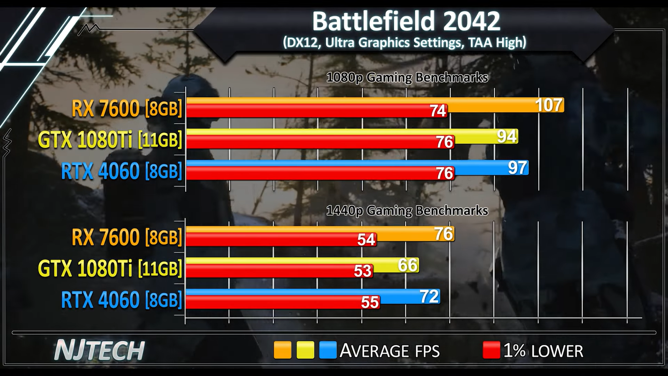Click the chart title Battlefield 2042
click(406, 21)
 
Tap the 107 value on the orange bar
click(549, 105)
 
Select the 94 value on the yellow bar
click(507, 136)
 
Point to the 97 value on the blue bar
click(517, 168)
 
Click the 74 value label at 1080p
click(438, 111)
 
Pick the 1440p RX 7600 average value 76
click(443, 234)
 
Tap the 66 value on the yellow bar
click(407, 265)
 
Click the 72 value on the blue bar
click(429, 296)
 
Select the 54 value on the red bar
click(366, 240)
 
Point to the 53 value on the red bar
click(362, 271)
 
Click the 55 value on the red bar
click(370, 302)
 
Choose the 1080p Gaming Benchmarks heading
click(407, 78)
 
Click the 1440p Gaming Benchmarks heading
click(407, 211)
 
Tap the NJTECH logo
click(99, 351)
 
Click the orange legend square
click(282, 350)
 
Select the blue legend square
click(328, 350)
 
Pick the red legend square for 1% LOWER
click(491, 350)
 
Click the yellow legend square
click(305, 350)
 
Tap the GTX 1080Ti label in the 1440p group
click(110, 268)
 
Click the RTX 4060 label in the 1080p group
click(121, 171)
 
